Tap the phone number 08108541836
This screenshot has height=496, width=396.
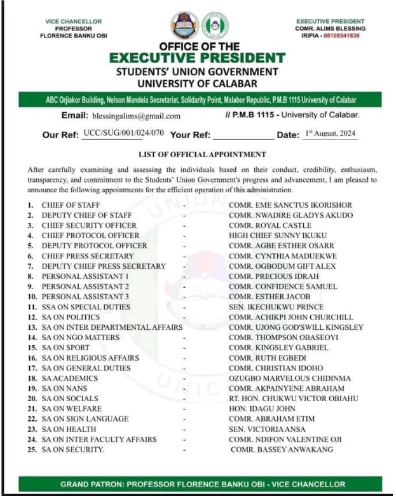click(x=347, y=36)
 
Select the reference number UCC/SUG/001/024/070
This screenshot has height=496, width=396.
click(x=123, y=134)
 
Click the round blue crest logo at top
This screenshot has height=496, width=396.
click(x=184, y=25)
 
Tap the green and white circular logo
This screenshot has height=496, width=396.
click(x=215, y=25)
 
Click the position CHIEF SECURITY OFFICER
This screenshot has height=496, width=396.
click(x=89, y=225)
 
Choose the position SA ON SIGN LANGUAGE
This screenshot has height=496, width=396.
click(x=85, y=419)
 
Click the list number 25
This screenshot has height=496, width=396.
click(x=32, y=450)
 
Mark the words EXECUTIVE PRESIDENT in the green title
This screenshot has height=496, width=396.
click(x=197, y=58)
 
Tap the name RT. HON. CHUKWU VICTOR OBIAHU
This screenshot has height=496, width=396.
click(x=294, y=399)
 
